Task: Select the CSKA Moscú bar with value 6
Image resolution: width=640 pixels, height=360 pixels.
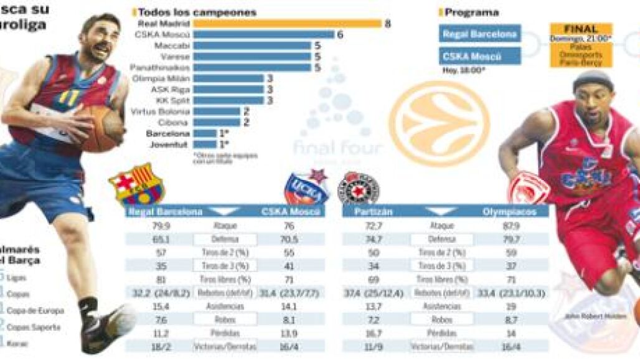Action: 263,35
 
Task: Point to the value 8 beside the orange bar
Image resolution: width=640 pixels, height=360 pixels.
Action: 388,24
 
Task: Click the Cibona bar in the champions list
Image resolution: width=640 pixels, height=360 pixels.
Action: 216,123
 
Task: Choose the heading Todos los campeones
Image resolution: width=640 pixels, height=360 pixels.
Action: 197,12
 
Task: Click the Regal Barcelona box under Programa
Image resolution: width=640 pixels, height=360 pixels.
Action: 479,34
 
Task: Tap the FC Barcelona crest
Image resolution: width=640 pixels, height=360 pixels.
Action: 137,185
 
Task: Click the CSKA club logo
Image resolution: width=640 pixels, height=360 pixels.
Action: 306,187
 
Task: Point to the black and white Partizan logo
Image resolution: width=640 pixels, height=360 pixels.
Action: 358,188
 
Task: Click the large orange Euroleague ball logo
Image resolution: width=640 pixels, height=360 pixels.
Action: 439,122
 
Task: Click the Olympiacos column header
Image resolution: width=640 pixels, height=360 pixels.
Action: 511,212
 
